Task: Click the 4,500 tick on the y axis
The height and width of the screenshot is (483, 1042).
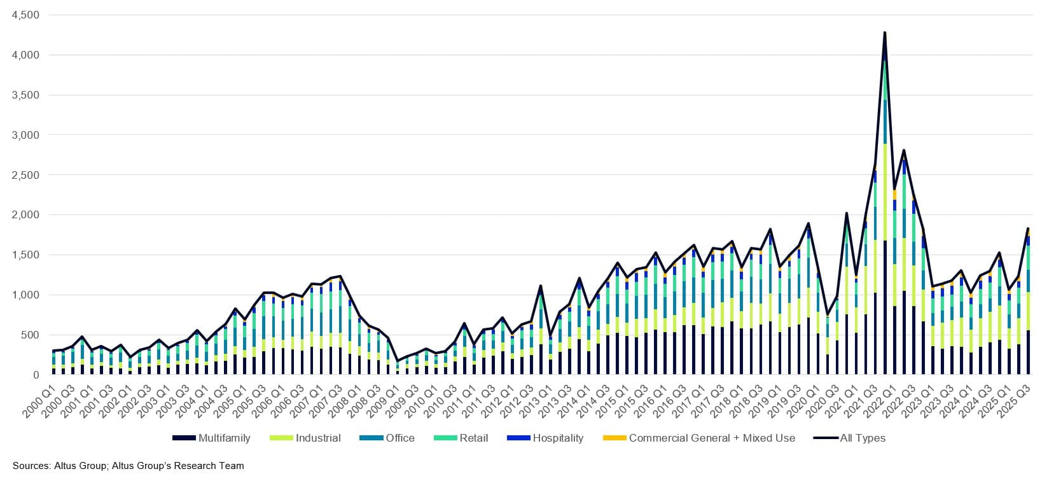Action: coord(25,15)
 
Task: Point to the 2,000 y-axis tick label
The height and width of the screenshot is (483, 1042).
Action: coord(25,215)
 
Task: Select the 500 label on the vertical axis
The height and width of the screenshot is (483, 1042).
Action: coord(30,335)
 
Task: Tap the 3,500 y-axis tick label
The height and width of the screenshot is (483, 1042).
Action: coord(25,95)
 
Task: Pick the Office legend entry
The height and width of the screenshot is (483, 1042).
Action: coord(399,438)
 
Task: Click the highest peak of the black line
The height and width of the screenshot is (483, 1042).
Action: coord(885,32)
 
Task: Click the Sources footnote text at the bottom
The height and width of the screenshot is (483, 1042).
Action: coord(128,466)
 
